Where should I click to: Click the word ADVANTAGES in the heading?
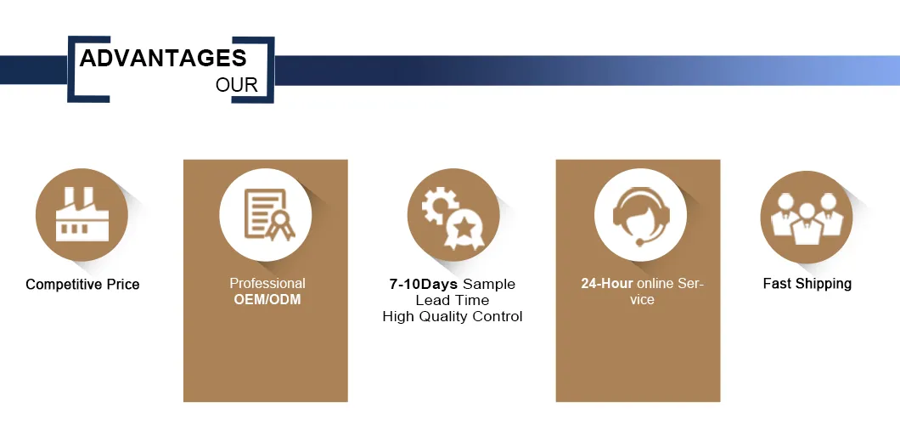pyautogui.click(x=163, y=58)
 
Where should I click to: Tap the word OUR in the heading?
pyautogui.click(x=237, y=85)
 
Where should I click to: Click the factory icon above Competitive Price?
pyautogui.click(x=82, y=214)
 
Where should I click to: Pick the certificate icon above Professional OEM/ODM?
pyautogui.click(x=269, y=215)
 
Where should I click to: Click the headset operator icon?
pyautogui.click(x=640, y=216)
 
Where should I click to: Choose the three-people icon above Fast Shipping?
pyautogui.click(x=807, y=218)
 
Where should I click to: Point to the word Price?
pyautogui.click(x=123, y=284)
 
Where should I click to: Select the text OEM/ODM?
pyautogui.click(x=267, y=299)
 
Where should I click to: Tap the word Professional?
pyautogui.click(x=267, y=284)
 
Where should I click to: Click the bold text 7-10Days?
pyautogui.click(x=424, y=284)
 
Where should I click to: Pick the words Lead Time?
pyautogui.click(x=453, y=300)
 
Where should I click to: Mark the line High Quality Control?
pyautogui.click(x=453, y=316)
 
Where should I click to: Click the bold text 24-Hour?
pyautogui.click(x=607, y=284)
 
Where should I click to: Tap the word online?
pyautogui.click(x=655, y=284)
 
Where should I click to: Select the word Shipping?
pyautogui.click(x=823, y=284)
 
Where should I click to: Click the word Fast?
pyautogui.click(x=777, y=284)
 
